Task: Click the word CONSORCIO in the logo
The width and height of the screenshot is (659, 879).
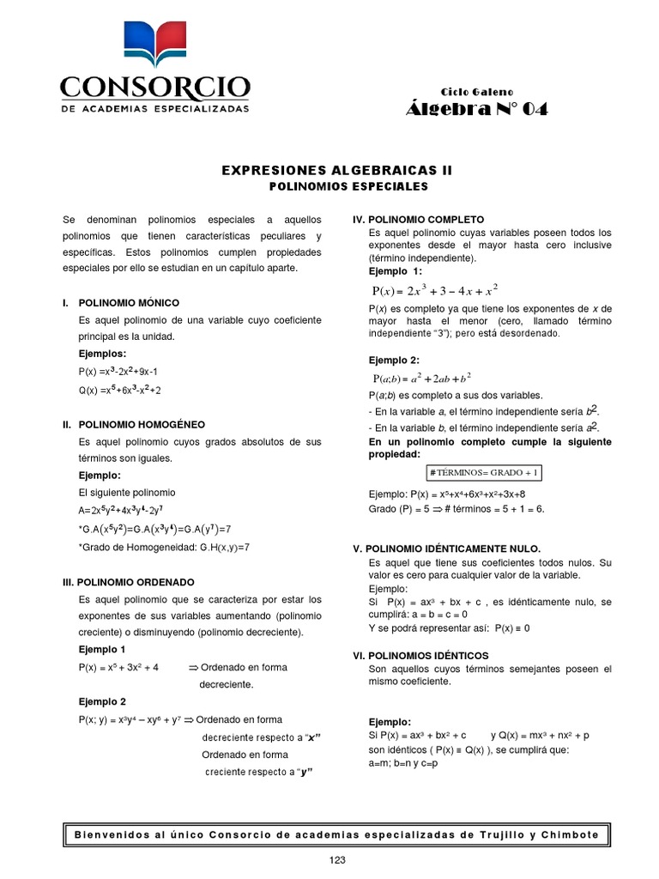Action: coord(154,88)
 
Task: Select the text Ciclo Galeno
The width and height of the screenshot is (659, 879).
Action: coord(476,91)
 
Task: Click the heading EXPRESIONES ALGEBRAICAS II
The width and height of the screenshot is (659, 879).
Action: coord(336,171)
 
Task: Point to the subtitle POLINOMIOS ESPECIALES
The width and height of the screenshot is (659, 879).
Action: coord(336,185)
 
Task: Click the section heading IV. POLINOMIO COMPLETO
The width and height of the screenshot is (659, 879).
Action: coord(419,220)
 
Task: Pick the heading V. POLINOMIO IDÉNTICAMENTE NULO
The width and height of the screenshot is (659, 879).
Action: coord(447,548)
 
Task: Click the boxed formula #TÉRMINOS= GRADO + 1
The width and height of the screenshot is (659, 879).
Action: coord(483,474)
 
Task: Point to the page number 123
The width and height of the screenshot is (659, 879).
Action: coord(336,860)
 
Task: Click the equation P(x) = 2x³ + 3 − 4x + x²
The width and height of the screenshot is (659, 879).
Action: coord(435,290)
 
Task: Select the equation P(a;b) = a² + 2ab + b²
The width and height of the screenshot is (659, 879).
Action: coord(421,378)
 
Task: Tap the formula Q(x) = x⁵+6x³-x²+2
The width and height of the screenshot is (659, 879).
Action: coord(119,389)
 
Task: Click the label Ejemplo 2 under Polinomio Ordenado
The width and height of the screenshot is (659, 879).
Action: coord(102,701)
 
